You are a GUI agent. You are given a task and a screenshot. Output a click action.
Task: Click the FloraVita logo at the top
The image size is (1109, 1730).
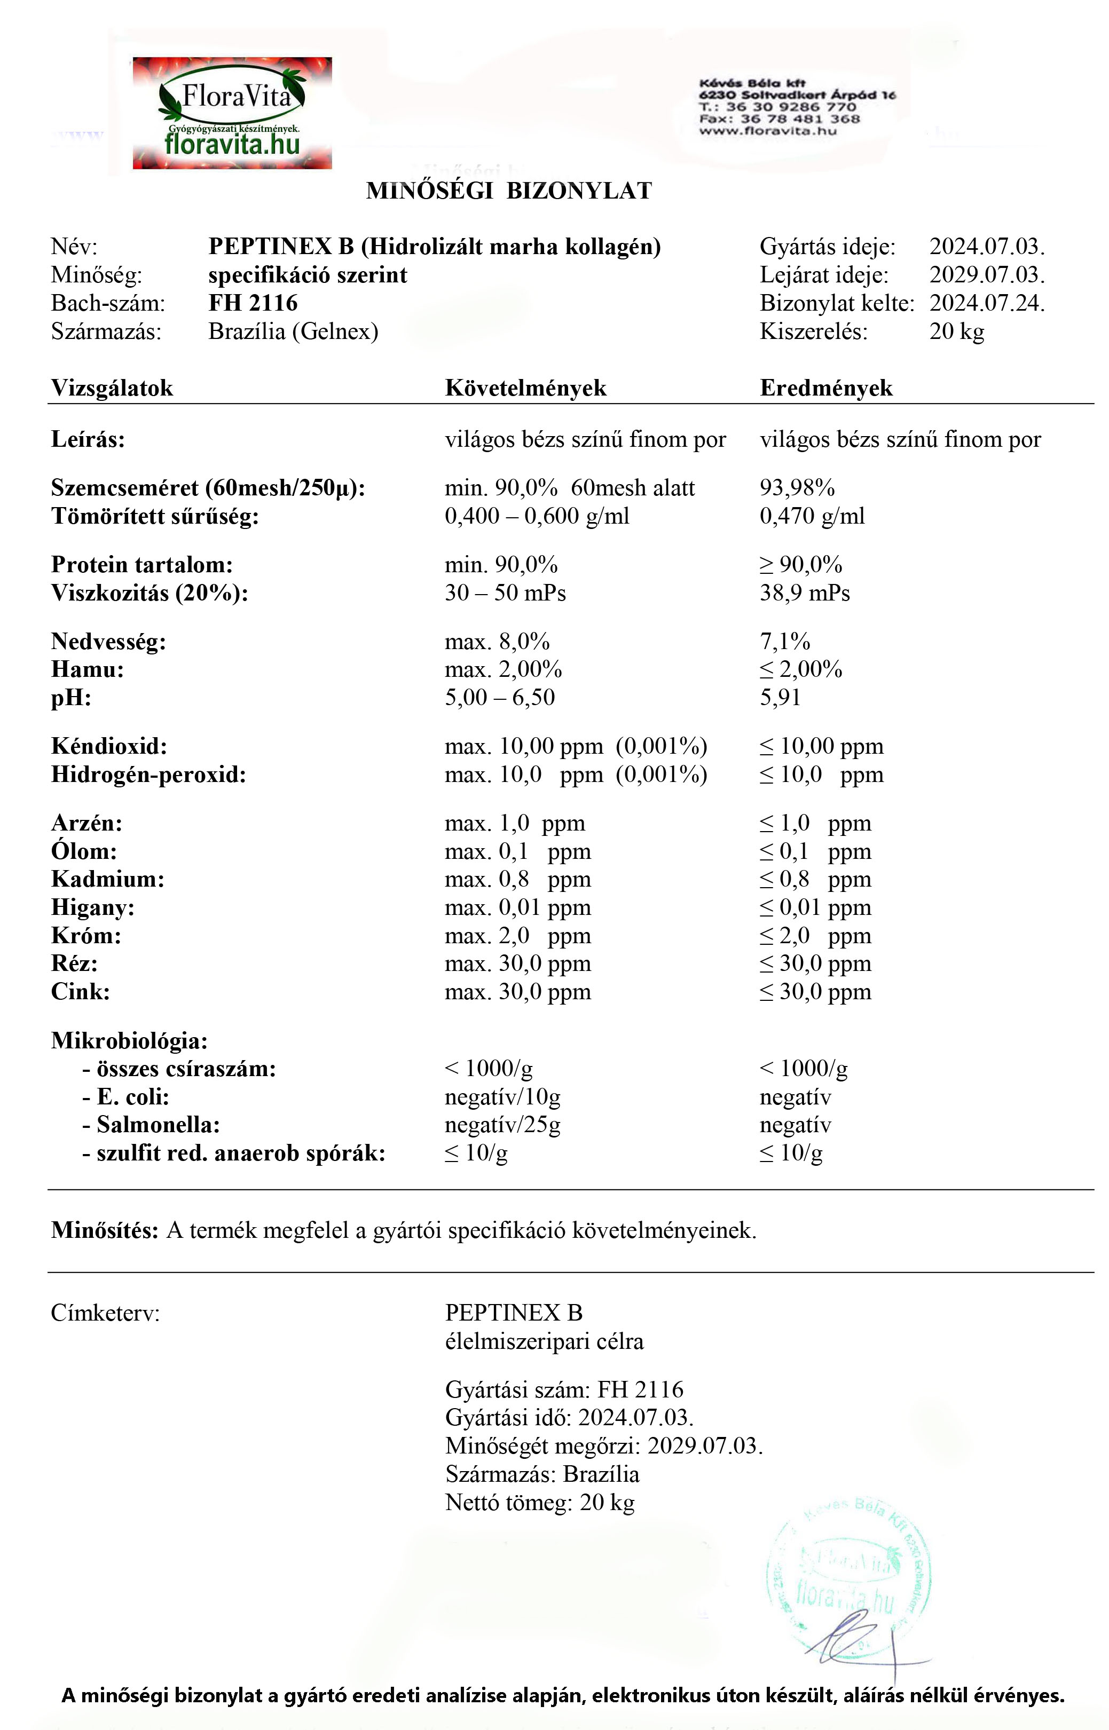point(232,113)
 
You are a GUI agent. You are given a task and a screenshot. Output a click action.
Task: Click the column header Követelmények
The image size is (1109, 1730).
point(526,388)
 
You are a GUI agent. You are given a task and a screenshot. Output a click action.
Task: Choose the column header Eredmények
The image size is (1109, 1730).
point(826,388)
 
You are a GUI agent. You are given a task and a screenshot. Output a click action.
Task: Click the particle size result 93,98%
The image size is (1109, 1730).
point(797,488)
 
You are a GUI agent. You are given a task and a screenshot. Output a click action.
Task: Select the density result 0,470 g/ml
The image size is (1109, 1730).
point(812,516)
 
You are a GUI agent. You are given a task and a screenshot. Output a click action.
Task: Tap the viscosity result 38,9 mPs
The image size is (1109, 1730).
point(804,593)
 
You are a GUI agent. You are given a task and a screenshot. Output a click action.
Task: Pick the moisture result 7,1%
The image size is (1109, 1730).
point(785,642)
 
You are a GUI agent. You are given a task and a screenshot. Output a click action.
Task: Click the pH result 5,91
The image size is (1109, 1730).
point(780,698)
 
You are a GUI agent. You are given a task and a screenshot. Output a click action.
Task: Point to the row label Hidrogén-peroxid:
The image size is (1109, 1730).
point(148,775)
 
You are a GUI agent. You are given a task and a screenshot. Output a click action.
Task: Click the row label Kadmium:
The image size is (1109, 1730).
point(107,879)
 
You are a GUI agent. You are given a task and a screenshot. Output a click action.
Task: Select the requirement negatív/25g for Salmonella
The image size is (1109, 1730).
point(502,1125)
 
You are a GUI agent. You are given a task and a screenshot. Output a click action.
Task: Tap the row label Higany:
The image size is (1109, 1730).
point(92,907)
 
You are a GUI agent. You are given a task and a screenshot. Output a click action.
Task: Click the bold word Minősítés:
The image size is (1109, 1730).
point(105,1230)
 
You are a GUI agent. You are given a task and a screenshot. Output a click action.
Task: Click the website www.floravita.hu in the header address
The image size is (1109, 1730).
point(768,131)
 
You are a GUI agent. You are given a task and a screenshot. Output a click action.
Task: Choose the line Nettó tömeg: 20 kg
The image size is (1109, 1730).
point(539,1503)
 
